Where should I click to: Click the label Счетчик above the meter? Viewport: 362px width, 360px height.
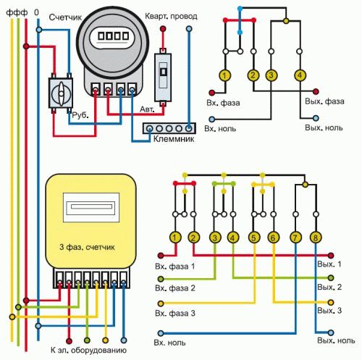[65, 17]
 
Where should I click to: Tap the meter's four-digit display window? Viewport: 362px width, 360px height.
[113, 36]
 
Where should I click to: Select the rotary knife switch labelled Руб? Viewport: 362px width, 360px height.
[61, 93]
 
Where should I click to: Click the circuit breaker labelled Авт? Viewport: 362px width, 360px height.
[164, 78]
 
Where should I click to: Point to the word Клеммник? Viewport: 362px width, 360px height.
[174, 139]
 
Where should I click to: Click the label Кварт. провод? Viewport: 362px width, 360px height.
[171, 17]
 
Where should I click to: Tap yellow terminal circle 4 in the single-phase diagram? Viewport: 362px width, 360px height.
[300, 75]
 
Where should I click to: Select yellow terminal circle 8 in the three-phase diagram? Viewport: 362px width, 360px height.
[316, 238]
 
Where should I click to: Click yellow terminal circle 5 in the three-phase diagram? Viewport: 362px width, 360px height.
[254, 238]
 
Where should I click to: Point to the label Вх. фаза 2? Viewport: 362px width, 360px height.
[175, 288]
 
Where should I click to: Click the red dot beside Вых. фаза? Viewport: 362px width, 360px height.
[316, 91]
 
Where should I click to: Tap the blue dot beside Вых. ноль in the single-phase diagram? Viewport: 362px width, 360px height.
[316, 118]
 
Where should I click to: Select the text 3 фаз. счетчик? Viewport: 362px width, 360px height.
[87, 247]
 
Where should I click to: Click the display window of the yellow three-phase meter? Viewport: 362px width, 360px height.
[91, 207]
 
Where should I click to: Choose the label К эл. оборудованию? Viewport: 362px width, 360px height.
[88, 351]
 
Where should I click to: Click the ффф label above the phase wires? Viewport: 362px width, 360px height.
[17, 12]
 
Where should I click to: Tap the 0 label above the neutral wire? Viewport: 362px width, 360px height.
[36, 12]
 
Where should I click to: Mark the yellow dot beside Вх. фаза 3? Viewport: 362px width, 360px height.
[161, 304]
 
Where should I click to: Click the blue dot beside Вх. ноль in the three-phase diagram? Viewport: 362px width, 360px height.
[161, 333]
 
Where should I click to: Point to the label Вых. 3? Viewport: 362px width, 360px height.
[329, 311]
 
